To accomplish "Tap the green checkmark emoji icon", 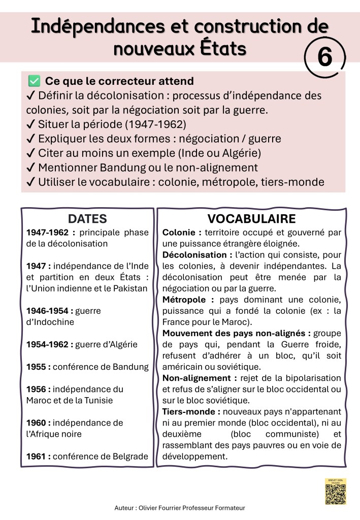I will point(34,81).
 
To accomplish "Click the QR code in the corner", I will point(335,492).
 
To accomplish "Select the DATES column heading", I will point(87,219).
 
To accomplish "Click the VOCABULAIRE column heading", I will point(251,219).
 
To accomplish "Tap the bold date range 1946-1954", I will point(48,311).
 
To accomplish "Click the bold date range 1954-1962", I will point(48,344).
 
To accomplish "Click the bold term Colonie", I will point(180,233).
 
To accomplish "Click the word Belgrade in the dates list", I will point(132,456).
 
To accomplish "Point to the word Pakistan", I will point(130,288).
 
